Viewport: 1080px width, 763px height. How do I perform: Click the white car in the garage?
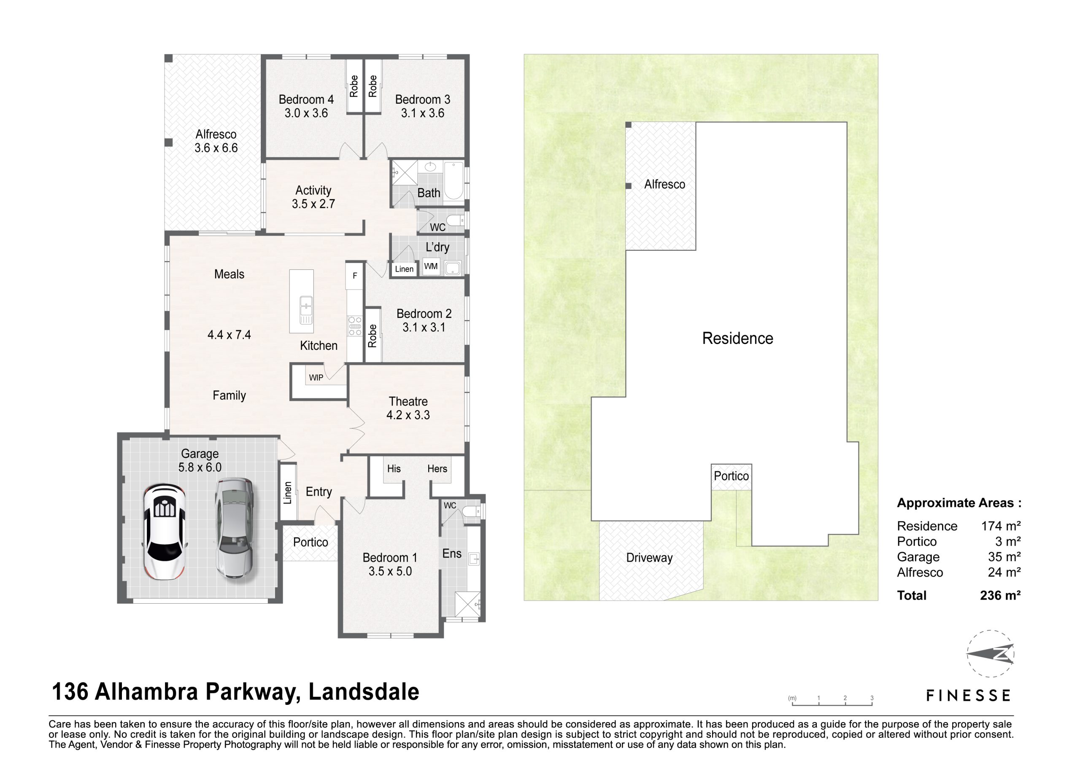164,532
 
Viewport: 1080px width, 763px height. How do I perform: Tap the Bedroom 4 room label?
306,99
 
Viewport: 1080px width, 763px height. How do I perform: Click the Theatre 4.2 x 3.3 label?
408,408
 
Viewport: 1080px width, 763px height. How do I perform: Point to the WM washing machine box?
431,266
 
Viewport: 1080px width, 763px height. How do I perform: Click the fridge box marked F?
355,276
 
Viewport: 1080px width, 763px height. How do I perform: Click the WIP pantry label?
316,378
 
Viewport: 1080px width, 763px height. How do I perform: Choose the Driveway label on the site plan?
649,558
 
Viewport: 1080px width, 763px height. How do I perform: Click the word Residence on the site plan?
737,339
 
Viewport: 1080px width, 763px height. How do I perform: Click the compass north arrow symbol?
991,654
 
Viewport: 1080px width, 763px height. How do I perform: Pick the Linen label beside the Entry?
287,493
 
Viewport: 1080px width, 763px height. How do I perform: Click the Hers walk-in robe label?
437,469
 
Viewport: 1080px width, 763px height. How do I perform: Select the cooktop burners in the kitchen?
355,326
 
